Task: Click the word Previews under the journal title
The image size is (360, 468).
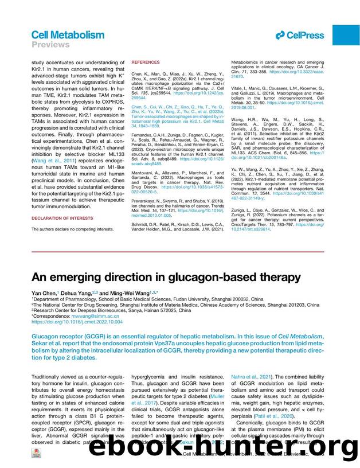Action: point(50,45)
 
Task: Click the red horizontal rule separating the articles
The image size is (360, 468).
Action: point(180,251)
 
